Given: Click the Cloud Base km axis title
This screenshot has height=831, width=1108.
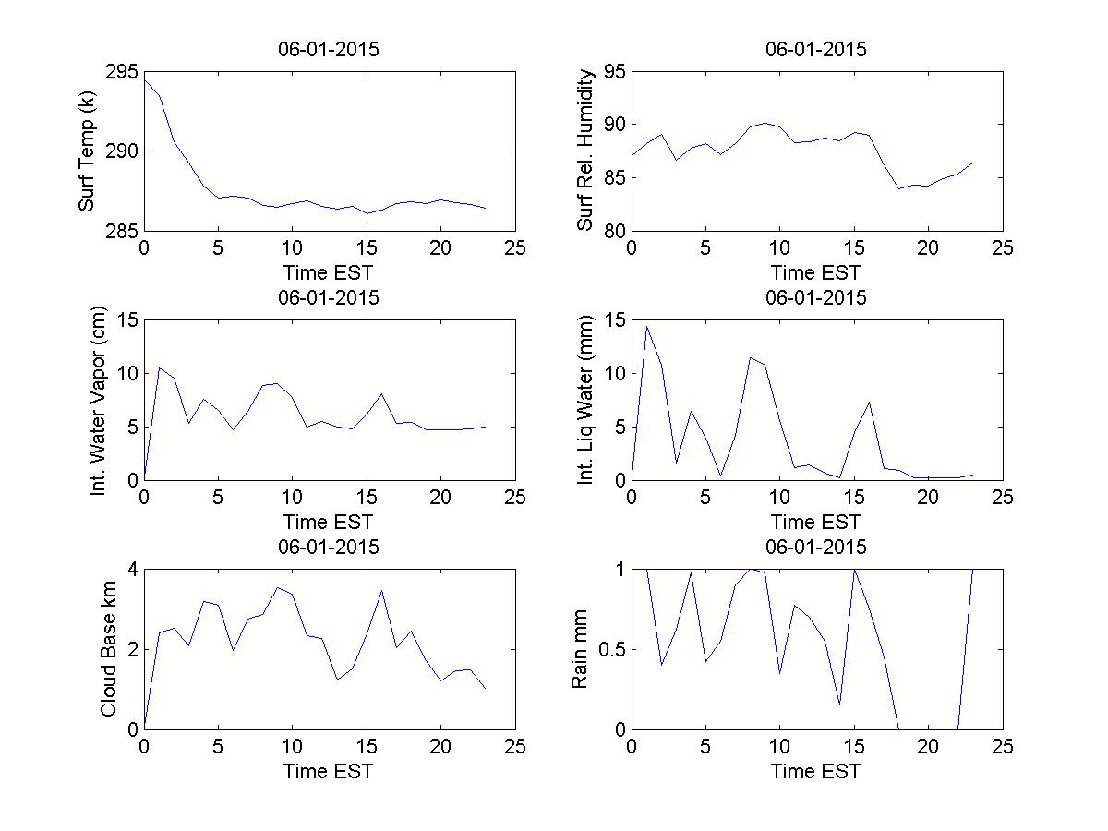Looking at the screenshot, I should coord(108,649).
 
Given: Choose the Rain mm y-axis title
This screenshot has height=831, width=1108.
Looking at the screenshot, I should coord(579,649).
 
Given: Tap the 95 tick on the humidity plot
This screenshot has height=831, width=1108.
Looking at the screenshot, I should coord(614,72).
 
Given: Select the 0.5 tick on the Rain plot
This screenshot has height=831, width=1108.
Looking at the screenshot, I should coord(609,649).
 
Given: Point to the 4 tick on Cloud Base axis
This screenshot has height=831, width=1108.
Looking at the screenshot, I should coord(133,570).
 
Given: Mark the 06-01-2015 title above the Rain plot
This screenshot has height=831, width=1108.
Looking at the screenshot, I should coord(816,547).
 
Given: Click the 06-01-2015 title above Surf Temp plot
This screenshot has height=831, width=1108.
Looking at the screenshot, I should coord(329,49).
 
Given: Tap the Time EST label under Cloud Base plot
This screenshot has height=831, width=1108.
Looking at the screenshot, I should coord(329,770).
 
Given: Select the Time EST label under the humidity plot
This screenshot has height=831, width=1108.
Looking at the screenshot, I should coord(816,272).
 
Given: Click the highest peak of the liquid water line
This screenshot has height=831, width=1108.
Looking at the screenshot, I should coord(646,326).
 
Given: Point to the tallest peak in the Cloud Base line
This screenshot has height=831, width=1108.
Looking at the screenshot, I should coord(277,587).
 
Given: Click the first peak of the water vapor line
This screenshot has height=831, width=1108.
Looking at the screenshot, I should coord(159,367).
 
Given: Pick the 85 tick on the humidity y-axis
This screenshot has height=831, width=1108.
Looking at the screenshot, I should coord(614,177).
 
